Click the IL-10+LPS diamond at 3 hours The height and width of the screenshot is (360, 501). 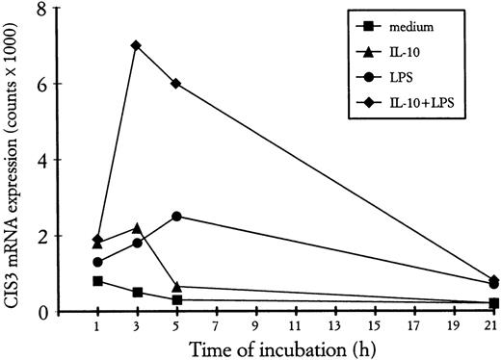[x=136, y=45]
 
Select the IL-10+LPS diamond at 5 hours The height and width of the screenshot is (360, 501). [x=176, y=83]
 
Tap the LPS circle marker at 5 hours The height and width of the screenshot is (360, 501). [x=176, y=217]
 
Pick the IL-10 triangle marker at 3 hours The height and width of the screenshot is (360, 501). [x=136, y=228]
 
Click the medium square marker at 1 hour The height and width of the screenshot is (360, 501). [x=97, y=281]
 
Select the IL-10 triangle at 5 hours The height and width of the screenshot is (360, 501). [x=176, y=287]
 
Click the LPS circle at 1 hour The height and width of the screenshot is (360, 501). [x=97, y=262]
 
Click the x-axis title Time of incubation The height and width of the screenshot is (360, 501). [x=279, y=347]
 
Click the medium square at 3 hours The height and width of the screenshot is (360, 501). [x=136, y=293]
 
